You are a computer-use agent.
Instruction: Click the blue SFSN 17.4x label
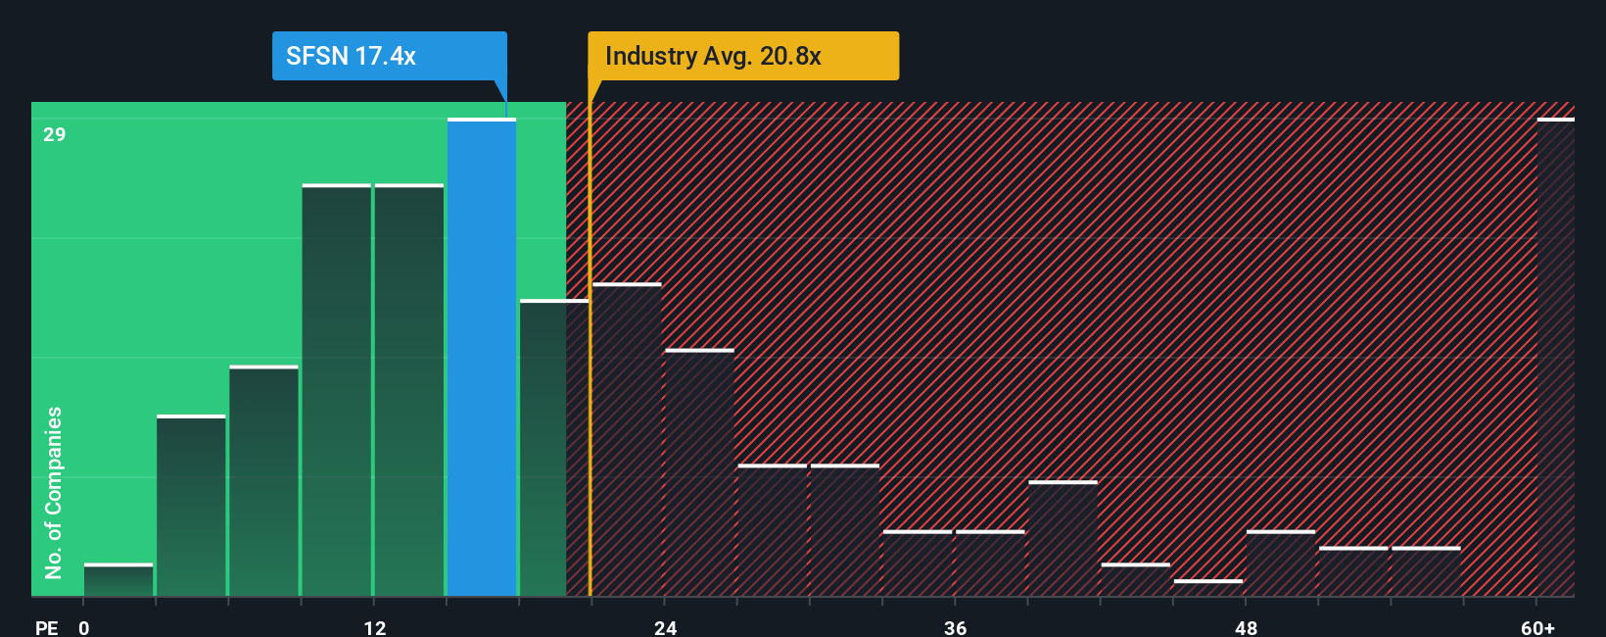click(389, 56)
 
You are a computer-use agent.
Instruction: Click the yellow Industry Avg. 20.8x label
click(742, 56)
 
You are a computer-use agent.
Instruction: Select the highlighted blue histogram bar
click(482, 358)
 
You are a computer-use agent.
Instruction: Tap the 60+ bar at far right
click(1555, 358)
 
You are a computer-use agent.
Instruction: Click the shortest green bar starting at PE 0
click(118, 580)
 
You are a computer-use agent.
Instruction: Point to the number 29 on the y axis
click(55, 134)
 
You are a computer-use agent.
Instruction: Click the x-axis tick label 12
click(375, 627)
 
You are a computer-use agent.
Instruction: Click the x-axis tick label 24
click(666, 627)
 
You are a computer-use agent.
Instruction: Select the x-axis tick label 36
click(956, 627)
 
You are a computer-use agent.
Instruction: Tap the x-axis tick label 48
click(1246, 627)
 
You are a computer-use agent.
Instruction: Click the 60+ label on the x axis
click(1538, 627)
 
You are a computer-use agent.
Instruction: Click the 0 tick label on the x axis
click(84, 627)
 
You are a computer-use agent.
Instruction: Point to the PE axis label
click(46, 627)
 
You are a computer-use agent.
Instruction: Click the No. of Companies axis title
click(54, 492)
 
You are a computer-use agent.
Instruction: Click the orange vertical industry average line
click(590, 392)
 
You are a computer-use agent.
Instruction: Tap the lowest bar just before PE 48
click(1208, 588)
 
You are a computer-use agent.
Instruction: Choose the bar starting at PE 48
click(1281, 563)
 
